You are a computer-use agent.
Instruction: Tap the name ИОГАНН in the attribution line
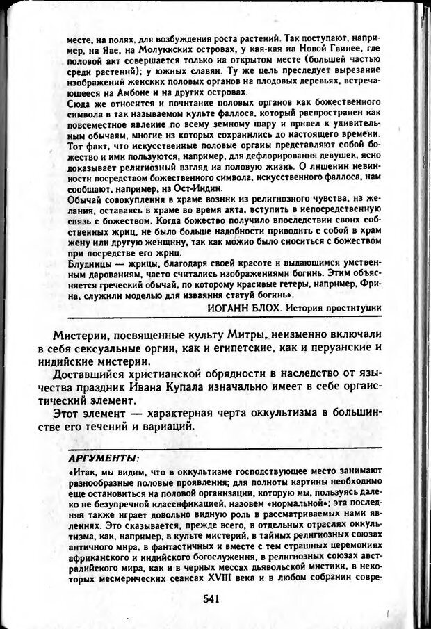pos(228,307)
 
